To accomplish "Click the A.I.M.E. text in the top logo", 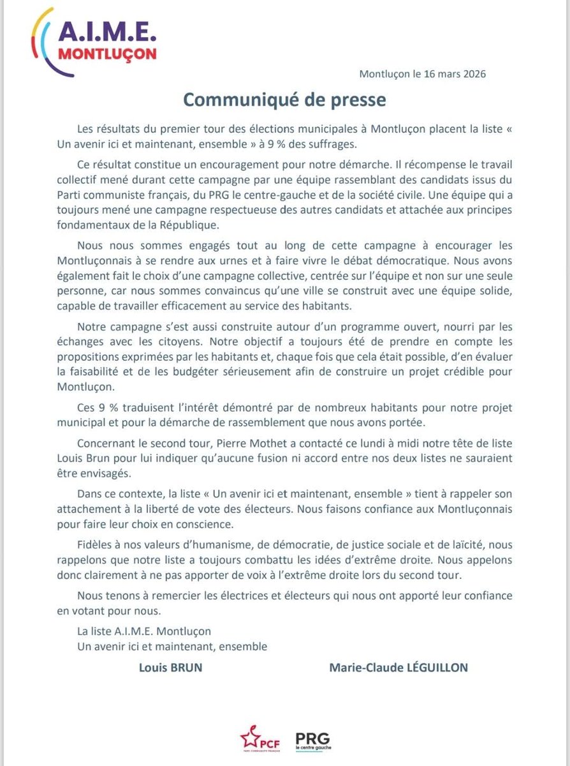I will pyautogui.click(x=106, y=33).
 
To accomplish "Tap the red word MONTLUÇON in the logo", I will pyautogui.click(x=106, y=54).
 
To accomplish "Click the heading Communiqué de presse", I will pyautogui.click(x=284, y=100).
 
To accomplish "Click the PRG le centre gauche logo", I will pyautogui.click(x=314, y=740).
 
